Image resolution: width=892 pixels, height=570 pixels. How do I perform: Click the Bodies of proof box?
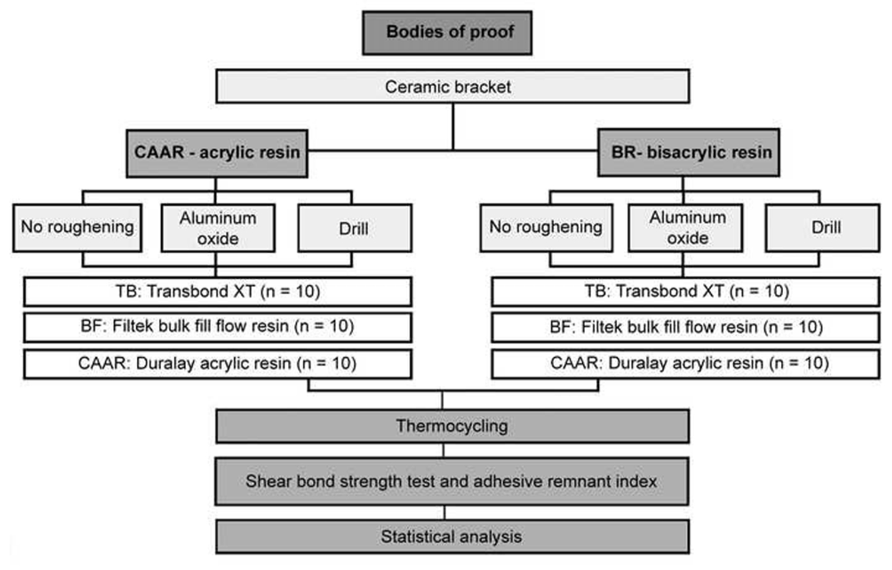coord(447,33)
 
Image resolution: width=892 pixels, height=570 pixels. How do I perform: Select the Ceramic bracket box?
coord(453,87)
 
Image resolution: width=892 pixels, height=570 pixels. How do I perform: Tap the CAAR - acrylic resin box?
coord(216,153)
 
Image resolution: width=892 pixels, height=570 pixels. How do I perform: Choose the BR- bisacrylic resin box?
coord(689,153)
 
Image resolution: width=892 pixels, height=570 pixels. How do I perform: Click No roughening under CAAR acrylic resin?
coord(77,228)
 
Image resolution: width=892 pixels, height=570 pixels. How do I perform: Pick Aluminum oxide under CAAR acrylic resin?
coord(218,228)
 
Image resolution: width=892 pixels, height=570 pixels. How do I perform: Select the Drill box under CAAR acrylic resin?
coord(354,228)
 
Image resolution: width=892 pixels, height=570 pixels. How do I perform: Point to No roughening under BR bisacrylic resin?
coord(546,228)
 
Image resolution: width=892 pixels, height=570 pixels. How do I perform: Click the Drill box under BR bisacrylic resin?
coord(822,228)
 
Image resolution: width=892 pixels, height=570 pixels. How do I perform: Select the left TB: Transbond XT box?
coord(218,292)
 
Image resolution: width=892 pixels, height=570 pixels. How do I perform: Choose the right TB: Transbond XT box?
coord(685,292)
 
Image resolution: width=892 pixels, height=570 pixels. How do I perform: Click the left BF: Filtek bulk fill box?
coord(218,327)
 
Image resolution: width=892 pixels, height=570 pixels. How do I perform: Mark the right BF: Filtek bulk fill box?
coord(685,327)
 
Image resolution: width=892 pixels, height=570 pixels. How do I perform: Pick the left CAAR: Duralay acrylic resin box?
coord(218,364)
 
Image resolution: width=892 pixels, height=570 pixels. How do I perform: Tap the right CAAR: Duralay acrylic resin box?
coord(685,364)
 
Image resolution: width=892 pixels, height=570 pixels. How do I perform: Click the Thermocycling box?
coord(452,426)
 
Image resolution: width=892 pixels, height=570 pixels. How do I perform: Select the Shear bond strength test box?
coord(451,481)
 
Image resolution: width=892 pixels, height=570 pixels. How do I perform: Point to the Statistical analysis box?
coord(452,537)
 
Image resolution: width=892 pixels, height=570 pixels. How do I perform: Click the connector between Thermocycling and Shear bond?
coord(444,451)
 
